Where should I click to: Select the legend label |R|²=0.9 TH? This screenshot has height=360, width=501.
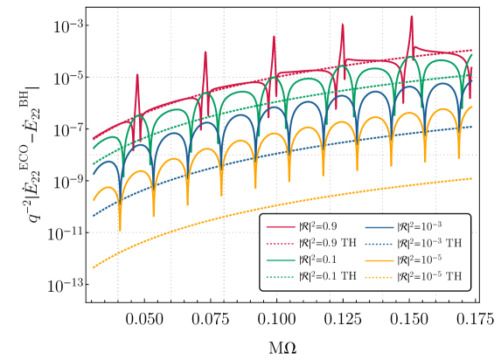pyautogui.click(x=327, y=243)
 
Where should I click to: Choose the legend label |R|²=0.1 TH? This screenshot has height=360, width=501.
pyautogui.click(x=327, y=276)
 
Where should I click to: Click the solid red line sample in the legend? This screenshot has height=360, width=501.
pyautogui.click(x=281, y=226)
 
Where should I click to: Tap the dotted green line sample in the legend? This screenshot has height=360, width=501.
pyautogui.click(x=281, y=276)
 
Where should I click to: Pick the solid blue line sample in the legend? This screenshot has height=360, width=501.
pyautogui.click(x=379, y=226)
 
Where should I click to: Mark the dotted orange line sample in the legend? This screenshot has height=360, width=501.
pyautogui.click(x=379, y=276)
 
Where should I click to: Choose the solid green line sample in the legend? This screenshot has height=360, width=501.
pyautogui.click(x=281, y=260)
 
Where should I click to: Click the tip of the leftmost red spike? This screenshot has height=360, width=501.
pyautogui.click(x=137, y=74)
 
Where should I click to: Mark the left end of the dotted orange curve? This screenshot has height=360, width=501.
pyautogui.click(x=94, y=267)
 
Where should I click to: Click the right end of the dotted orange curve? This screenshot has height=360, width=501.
pyautogui.click(x=472, y=178)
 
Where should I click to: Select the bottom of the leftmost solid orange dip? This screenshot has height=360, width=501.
pyautogui.click(x=120, y=229)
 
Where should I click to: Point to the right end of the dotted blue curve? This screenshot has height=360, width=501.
pyautogui.click(x=472, y=127)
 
